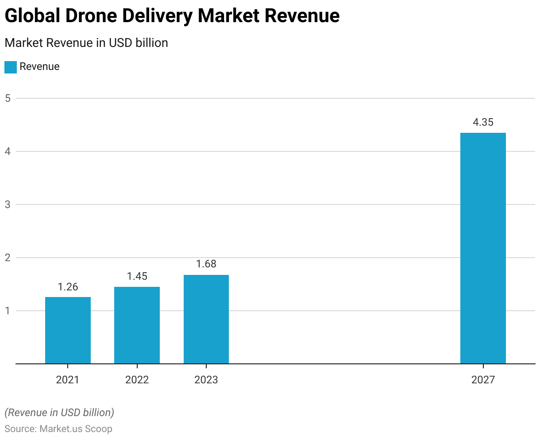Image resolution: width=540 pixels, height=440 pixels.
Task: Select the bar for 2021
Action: (x=68, y=330)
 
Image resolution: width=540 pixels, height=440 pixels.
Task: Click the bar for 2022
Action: (x=137, y=325)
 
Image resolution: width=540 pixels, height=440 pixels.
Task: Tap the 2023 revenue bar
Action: (x=206, y=319)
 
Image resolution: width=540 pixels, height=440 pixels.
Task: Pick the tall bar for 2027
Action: (x=483, y=248)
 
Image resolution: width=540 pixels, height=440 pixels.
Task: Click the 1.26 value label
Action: (x=68, y=287)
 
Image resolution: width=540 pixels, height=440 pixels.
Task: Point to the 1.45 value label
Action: (x=137, y=276)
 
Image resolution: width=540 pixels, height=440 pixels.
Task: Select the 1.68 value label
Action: (x=206, y=264)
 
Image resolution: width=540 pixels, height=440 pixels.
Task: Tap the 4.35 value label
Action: (x=483, y=122)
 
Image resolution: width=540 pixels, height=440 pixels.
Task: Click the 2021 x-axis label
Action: (x=68, y=380)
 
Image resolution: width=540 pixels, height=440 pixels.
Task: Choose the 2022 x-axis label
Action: (x=137, y=380)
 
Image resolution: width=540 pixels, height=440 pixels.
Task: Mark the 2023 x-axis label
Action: (x=206, y=380)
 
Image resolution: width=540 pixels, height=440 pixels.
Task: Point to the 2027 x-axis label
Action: (x=483, y=380)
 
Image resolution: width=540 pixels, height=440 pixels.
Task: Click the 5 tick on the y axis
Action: (x=8, y=98)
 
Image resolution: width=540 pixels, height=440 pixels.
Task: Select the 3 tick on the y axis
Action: (x=8, y=205)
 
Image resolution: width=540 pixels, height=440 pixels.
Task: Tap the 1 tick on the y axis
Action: (x=8, y=311)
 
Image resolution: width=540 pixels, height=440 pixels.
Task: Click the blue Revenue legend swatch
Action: (x=11, y=67)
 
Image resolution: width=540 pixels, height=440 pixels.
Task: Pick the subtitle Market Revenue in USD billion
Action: (x=86, y=43)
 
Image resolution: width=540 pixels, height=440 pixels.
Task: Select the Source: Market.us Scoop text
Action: (x=58, y=429)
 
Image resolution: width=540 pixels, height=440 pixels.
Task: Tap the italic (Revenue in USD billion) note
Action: (x=59, y=413)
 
